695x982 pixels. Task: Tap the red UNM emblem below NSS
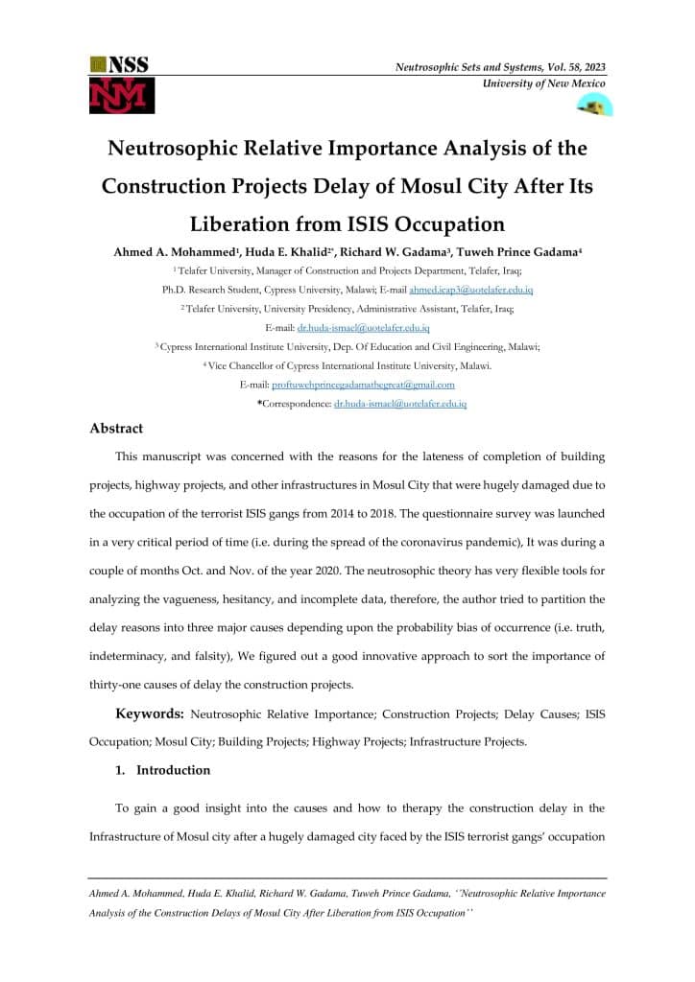coord(121,95)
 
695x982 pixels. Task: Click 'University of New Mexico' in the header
coord(543,85)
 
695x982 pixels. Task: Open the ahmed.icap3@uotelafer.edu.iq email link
coord(470,290)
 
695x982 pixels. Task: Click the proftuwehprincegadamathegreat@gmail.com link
coord(363,385)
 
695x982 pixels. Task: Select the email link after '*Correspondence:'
coord(399,404)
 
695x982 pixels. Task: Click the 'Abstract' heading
coord(116,429)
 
